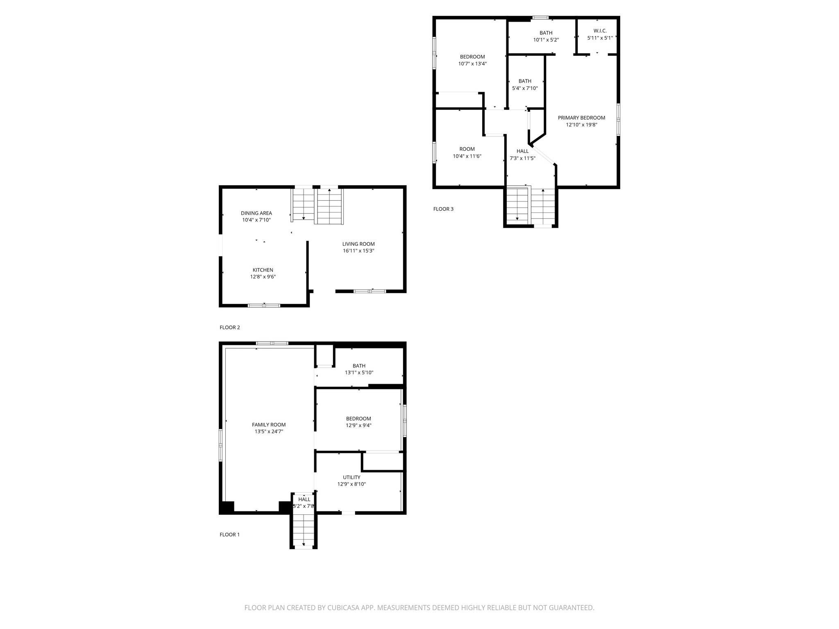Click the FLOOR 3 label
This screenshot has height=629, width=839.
tap(443, 209)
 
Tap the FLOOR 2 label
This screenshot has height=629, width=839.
tap(230, 327)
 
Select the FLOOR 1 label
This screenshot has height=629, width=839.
tap(229, 534)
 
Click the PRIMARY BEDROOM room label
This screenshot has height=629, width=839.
tap(581, 118)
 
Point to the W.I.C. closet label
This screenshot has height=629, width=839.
tap(600, 31)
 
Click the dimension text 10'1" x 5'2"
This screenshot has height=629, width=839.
tap(546, 40)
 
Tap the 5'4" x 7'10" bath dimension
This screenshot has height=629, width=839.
tap(525, 88)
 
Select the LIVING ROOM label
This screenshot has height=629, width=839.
tap(358, 244)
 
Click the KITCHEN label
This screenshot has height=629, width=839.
tap(263, 270)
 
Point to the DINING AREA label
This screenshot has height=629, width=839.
tap(256, 213)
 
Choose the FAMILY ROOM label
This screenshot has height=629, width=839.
tap(269, 425)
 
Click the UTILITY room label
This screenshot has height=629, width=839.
tap(351, 477)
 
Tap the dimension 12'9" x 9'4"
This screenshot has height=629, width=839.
tap(358, 425)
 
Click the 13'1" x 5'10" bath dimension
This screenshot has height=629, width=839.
tap(359, 373)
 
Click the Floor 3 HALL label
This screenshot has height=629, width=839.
tap(522, 151)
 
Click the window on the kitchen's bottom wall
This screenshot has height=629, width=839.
tap(264, 305)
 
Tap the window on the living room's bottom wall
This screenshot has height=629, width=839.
tap(370, 291)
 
